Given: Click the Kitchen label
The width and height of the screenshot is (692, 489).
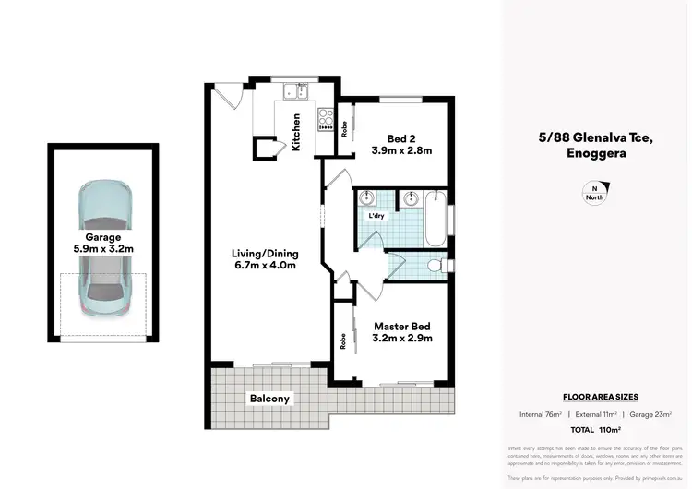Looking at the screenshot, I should point(296,131).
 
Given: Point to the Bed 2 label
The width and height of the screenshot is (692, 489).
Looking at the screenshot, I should point(401,143).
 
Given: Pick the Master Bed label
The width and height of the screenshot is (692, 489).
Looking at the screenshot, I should point(402,332).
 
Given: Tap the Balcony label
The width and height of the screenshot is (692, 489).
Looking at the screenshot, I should point(269,400).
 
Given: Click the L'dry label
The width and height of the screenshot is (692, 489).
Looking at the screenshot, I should point(376,216).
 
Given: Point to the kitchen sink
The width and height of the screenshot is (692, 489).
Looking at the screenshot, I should point(296,90).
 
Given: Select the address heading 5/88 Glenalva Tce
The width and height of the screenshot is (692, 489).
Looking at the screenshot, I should point(596,137).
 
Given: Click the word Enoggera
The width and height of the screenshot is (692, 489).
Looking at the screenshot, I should point(596,154).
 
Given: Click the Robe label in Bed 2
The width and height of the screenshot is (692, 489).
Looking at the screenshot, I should point(343,129).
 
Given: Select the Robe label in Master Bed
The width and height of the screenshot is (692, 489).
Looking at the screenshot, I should point(343,341).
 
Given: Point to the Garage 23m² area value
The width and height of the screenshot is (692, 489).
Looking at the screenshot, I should point(658,414).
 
